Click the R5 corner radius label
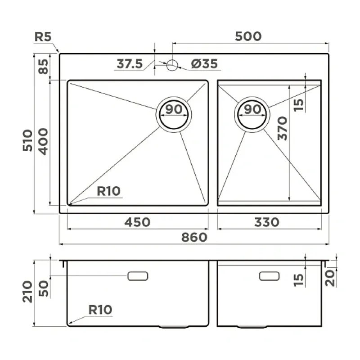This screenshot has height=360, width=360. tap(43, 37)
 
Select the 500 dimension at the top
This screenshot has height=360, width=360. tap(248, 36)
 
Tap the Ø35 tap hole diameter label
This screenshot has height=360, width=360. tap(204, 63)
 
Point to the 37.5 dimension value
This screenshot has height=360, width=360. tap(130, 63)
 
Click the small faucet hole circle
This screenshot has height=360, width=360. tap(172, 65)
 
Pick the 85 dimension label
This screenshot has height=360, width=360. tap(43, 67)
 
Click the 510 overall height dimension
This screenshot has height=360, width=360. tap(27, 140)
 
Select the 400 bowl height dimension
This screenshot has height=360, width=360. tap(43, 141)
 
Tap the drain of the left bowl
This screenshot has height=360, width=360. tap(174, 115)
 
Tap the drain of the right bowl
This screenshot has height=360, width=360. tap(252, 115)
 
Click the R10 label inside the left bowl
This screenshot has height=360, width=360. tap(108, 191)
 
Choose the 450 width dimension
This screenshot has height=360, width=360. tap(137, 222)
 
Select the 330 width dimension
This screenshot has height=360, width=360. tap(267, 222)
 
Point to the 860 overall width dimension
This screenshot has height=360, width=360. tap(194, 237)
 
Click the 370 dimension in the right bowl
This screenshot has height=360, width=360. tap(283, 128)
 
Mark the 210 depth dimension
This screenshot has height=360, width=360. tap(27, 291)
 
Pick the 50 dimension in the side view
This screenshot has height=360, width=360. tap(43, 288)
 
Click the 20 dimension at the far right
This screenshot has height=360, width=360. tap(330, 278)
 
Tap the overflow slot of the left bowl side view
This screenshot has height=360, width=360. tap(138, 276)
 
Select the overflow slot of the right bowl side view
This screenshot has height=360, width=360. tap(269, 276)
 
